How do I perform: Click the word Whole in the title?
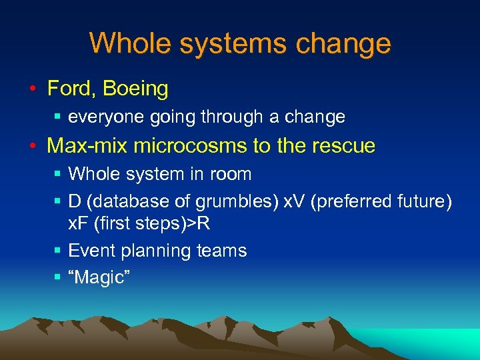click(127, 44)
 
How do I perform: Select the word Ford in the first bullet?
click(66, 88)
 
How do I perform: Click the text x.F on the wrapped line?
click(79, 223)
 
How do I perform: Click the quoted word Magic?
click(99, 277)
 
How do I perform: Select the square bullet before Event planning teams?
click(59, 251)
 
